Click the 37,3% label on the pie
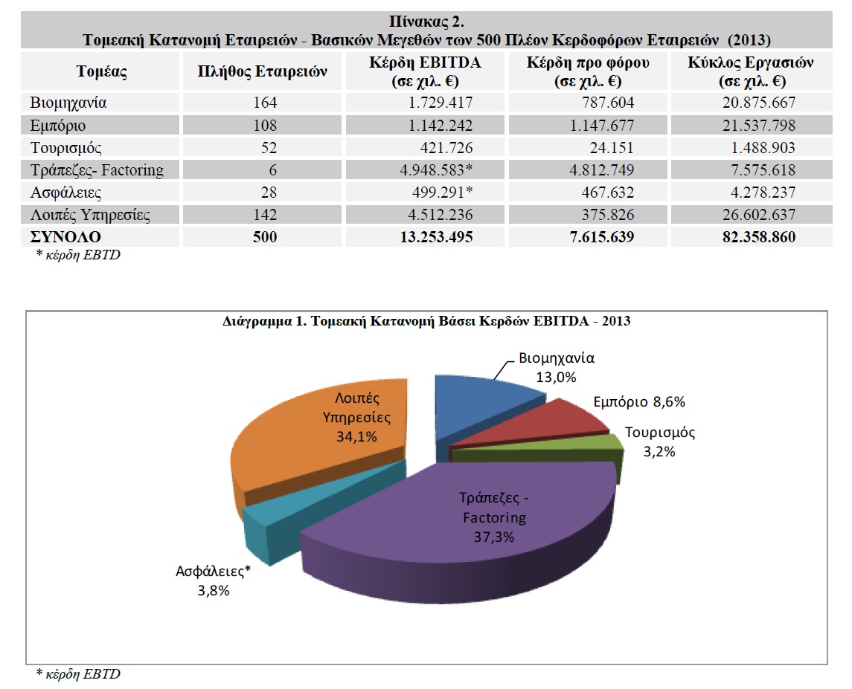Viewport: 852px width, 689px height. pos(494,537)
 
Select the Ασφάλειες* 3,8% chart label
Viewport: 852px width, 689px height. pos(213,580)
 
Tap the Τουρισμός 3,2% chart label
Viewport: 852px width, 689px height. pos(659,441)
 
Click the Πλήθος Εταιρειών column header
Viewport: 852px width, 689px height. pos(262,71)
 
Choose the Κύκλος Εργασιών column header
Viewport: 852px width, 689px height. pos(750,71)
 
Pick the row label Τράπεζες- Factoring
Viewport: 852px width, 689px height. pos(97,170)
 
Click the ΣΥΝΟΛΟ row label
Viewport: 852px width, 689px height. pos(65,236)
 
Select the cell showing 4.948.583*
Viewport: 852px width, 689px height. pos(436,170)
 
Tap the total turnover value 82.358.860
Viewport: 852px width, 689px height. pos(758,236)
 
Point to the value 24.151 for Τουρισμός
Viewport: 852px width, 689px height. pos(612,148)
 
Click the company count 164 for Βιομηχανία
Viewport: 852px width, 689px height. pos(265,103)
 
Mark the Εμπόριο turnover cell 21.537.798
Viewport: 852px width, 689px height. pos(758,126)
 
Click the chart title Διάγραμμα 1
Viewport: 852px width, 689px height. pos(426,321)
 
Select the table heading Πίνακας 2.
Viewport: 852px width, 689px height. pos(426,22)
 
